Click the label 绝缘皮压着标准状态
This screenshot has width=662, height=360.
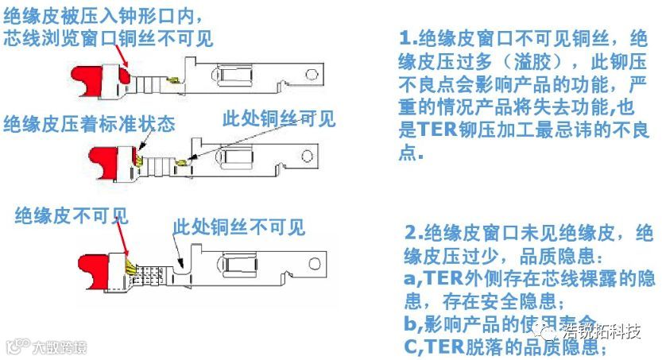(x=90, y=124)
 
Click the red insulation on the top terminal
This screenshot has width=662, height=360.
(x=95, y=77)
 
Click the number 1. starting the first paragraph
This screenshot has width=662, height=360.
(x=408, y=37)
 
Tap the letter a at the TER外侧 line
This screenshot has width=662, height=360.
(x=408, y=278)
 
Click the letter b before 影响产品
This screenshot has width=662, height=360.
(x=408, y=323)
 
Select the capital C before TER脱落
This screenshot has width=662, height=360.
(x=409, y=346)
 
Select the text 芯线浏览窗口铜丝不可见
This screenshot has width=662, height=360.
(x=108, y=37)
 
